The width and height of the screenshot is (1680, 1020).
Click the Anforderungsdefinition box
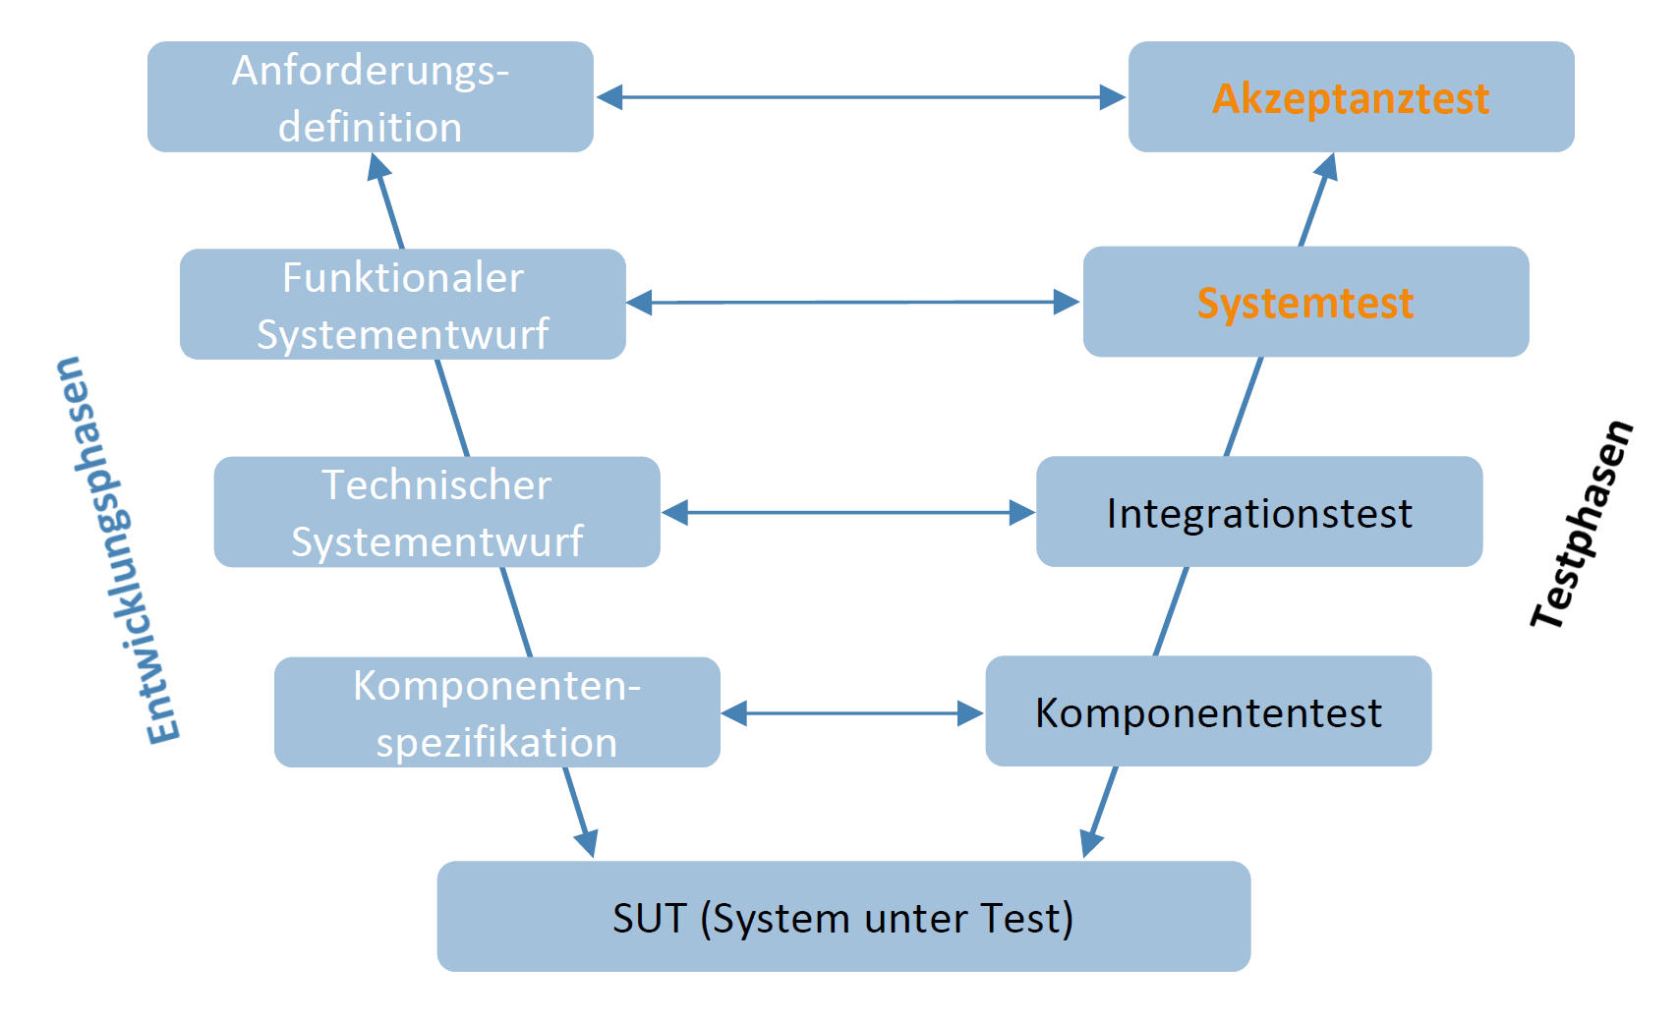pyautogui.click(x=370, y=97)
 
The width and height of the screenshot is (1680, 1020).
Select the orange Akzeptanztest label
pyautogui.click(x=1351, y=98)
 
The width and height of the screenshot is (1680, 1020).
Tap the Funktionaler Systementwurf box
pyautogui.click(x=402, y=305)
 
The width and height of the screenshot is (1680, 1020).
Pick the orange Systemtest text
pyautogui.click(x=1304, y=303)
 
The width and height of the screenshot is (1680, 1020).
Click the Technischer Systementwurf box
pyautogui.click(x=436, y=512)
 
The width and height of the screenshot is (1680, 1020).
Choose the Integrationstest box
pyautogui.click(x=1258, y=512)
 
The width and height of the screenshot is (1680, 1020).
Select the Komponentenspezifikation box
pyautogui.click(x=496, y=712)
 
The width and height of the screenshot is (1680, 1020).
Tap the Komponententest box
pyautogui.click(x=1208, y=712)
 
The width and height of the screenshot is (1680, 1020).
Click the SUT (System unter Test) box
pyautogui.click(x=843, y=917)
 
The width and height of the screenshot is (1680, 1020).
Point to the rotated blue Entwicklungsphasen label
pyautogui.click(x=118, y=550)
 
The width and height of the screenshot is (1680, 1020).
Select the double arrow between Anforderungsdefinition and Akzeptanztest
pyautogui.click(x=860, y=97)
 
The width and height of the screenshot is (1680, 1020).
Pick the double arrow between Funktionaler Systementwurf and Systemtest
pyautogui.click(x=853, y=303)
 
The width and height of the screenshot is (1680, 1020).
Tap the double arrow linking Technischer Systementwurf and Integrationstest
pyautogui.click(x=847, y=512)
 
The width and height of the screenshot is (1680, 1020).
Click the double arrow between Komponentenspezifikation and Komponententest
pyautogui.click(x=851, y=713)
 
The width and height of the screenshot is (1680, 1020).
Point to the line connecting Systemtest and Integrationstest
pyautogui.click(x=1244, y=406)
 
